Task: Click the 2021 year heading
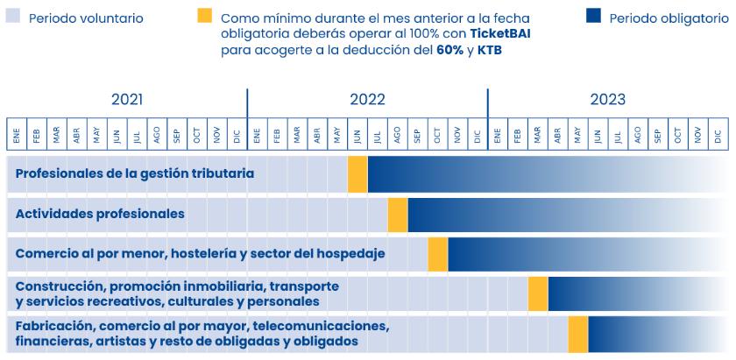pos(127,100)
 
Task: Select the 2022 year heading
pos(367,100)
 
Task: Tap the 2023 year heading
pos(607,100)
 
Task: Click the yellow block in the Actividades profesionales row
pos(398,214)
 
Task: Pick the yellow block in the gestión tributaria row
pos(357,173)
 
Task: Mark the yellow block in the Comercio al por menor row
pos(438,253)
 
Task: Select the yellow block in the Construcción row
pos(538,293)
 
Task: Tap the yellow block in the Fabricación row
pos(578,334)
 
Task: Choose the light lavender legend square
pos(13,16)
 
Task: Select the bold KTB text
pos(490,51)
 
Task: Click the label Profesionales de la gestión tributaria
pos(135,173)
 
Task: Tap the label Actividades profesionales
pos(100,213)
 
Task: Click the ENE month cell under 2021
pos(17,136)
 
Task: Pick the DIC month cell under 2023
pos(718,136)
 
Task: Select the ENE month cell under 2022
pos(257,136)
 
